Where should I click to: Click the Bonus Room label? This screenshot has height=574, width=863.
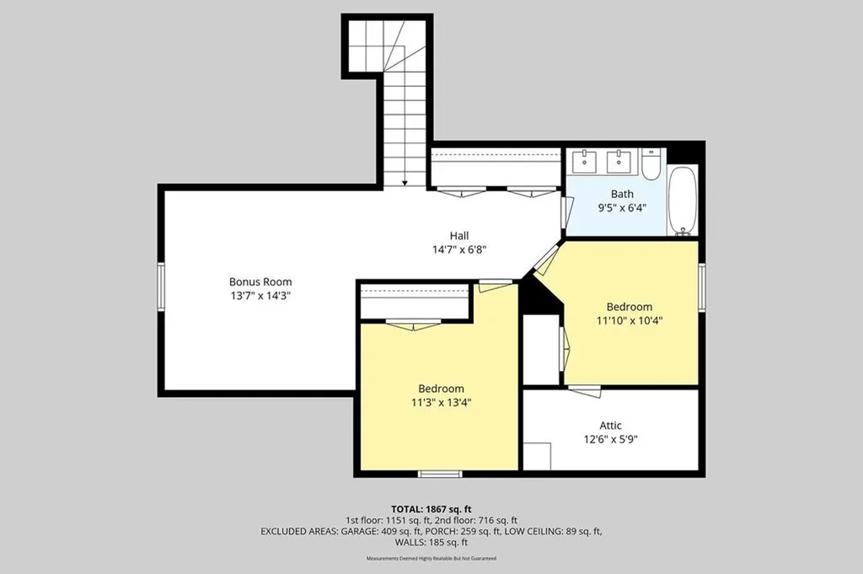[x=260, y=282]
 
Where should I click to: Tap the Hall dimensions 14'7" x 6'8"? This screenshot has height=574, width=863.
[x=459, y=249]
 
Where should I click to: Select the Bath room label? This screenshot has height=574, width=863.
[x=622, y=194]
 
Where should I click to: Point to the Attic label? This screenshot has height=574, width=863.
[x=610, y=426]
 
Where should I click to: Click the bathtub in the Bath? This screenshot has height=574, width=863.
[x=683, y=201]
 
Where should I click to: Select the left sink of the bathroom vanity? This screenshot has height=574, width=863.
[x=583, y=161]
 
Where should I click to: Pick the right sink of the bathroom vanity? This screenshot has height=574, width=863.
[x=619, y=161]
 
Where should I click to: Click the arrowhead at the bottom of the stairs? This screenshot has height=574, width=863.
[x=405, y=183]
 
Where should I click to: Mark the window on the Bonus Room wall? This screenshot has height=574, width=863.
[x=161, y=287]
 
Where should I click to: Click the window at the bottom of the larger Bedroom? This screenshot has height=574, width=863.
[x=440, y=474]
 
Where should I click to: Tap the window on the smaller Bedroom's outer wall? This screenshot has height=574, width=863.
[x=702, y=287]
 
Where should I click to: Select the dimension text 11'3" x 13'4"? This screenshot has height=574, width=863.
[x=441, y=402]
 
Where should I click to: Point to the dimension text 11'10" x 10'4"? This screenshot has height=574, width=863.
[x=629, y=320]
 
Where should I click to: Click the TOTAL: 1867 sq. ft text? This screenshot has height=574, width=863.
[x=431, y=509]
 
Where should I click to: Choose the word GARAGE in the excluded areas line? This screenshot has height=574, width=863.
[x=359, y=532]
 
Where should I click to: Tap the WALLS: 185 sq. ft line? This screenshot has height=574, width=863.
[x=431, y=543]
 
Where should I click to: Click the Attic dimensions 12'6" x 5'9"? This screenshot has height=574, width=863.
[x=610, y=439]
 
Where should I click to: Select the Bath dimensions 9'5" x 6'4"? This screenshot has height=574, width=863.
[x=622, y=207]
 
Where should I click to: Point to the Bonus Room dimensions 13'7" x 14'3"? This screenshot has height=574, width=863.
[x=260, y=296]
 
